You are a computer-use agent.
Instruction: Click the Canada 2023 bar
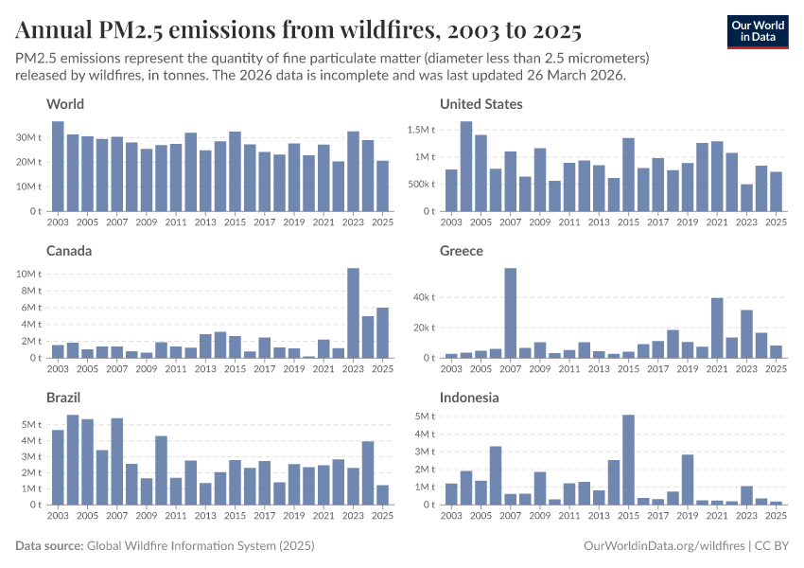tap(353, 313)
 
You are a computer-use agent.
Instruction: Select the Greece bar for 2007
tap(511, 313)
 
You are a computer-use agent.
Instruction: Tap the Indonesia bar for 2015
tap(628, 460)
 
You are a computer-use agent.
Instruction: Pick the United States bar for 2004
tap(466, 167)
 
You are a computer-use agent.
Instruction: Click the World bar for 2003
tap(58, 167)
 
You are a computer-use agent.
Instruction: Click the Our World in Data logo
tap(757, 31)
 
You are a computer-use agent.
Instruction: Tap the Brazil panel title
tap(65, 398)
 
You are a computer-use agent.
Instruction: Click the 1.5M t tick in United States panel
tap(420, 129)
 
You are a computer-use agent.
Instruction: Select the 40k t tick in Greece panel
tap(422, 297)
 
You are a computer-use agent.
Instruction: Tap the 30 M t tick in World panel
tap(27, 137)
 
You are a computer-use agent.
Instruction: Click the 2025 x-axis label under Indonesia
tap(776, 516)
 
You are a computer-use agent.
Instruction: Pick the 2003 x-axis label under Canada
tap(58, 369)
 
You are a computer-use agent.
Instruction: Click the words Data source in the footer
tap(49, 546)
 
